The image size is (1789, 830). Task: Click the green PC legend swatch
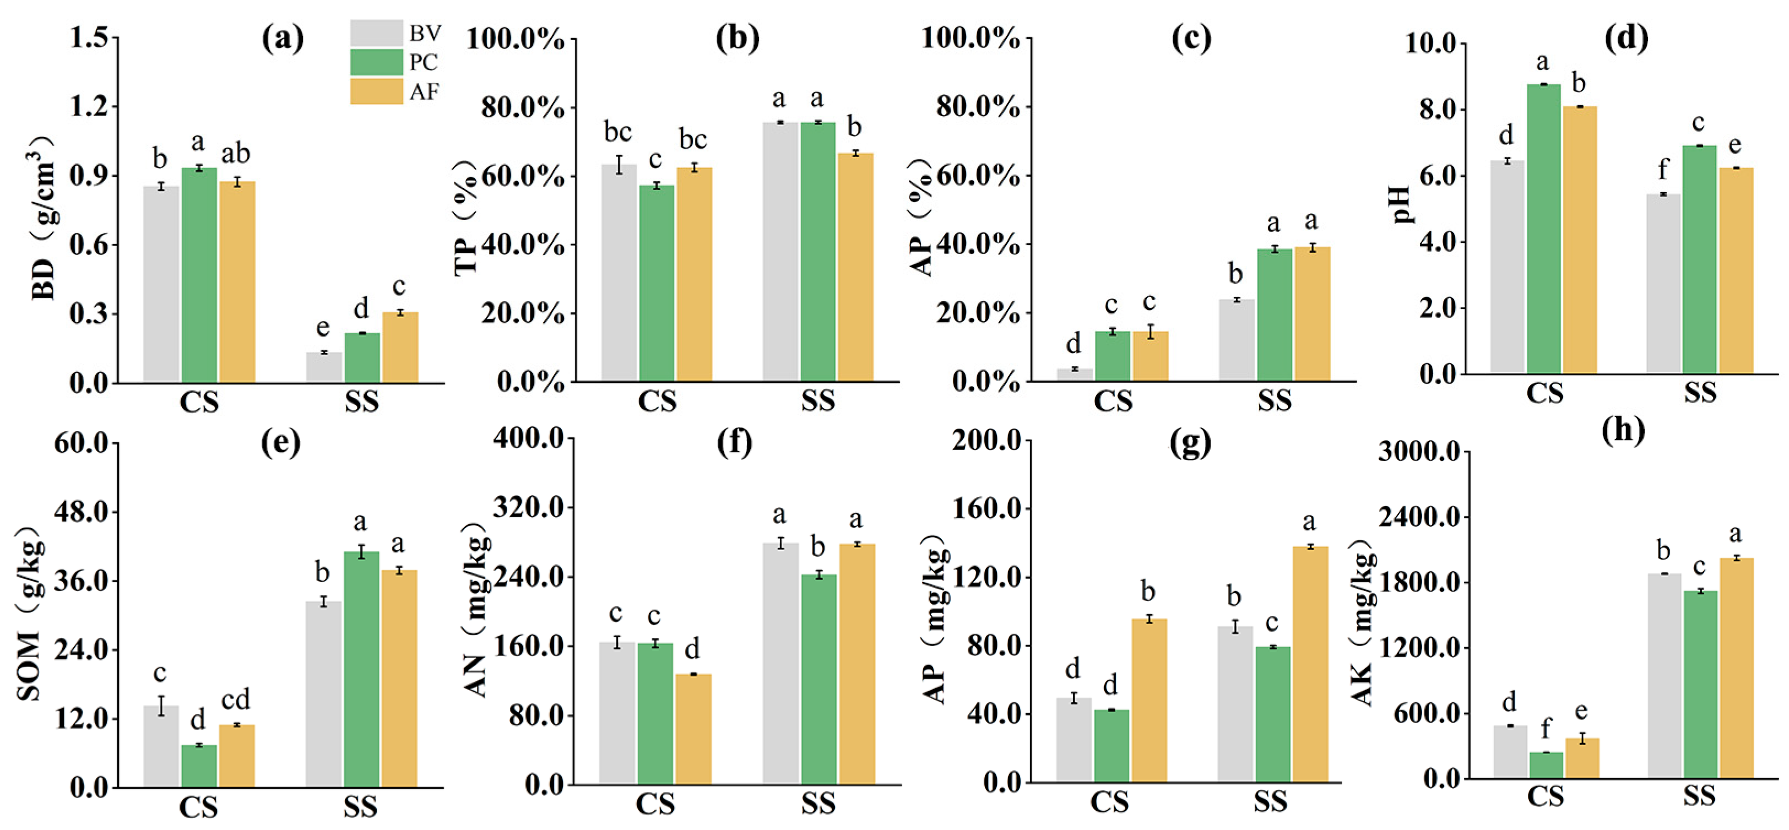point(376,62)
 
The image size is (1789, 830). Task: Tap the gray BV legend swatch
point(376,32)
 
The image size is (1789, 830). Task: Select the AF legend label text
point(424,91)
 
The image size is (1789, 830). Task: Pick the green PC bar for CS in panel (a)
point(199,274)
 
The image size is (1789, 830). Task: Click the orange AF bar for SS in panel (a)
point(400,348)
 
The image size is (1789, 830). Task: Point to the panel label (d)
point(1626,38)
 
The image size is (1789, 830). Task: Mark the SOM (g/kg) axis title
point(29,611)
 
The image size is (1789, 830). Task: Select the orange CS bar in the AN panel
point(693,729)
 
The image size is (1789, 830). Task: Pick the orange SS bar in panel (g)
point(1310,665)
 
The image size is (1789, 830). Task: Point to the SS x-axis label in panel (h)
point(1699,795)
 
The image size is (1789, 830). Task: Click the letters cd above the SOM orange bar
point(235,699)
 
